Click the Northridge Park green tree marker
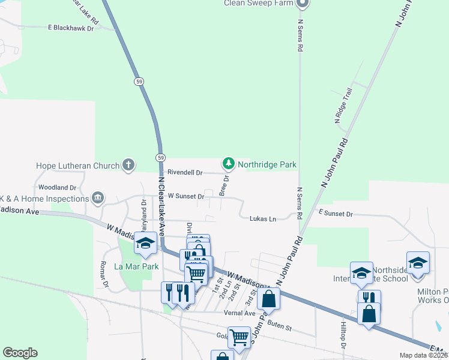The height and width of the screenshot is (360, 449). (228, 163)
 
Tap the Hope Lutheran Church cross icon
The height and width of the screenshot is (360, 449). (128, 165)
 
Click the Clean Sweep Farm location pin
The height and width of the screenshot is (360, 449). (303, 4)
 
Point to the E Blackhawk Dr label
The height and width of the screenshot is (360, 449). (71, 28)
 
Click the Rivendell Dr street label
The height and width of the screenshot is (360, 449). (185, 172)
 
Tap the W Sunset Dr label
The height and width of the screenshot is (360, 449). (186, 196)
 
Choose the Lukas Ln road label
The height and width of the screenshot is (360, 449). (263, 218)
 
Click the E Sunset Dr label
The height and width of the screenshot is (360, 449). (336, 214)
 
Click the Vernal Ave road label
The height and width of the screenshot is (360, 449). (240, 313)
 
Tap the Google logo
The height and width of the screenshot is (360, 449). (20, 353)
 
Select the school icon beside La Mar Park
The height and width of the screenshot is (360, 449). (146, 243)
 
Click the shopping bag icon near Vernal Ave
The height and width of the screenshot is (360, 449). (269, 299)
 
